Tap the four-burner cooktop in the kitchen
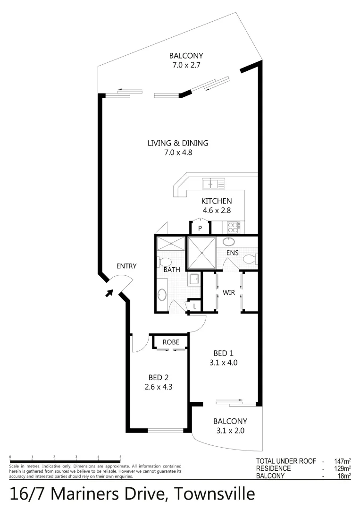234,227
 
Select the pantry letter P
200,228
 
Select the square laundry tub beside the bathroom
194,280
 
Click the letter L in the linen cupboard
194,306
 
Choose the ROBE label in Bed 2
170,342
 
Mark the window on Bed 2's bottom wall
165,430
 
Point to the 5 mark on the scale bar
120,457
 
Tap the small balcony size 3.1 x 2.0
230,430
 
